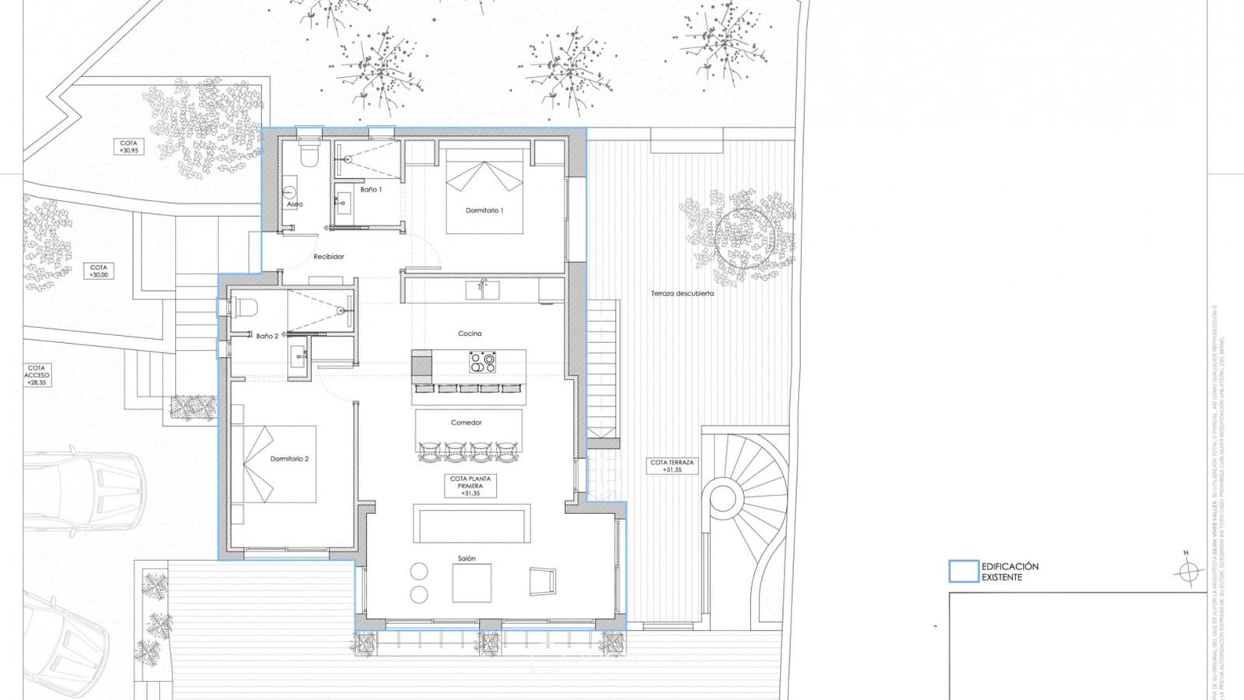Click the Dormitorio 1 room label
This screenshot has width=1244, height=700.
click(484, 211)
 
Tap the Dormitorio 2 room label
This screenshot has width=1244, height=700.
click(289, 459)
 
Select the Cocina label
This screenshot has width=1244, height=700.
click(470, 334)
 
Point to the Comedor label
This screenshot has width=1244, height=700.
click(466, 422)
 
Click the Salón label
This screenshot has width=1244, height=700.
click(466, 558)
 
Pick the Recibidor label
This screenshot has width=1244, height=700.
click(328, 257)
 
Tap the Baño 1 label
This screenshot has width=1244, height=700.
click(371, 189)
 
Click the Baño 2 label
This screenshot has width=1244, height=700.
click(267, 336)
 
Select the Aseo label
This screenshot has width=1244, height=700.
click(295, 204)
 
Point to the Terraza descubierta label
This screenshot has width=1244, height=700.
click(682, 293)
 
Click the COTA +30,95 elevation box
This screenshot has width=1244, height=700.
click(129, 146)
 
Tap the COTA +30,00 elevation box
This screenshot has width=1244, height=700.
click(99, 271)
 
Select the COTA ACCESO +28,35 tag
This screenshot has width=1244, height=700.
click(37, 375)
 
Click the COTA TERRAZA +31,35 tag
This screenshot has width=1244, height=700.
click(672, 466)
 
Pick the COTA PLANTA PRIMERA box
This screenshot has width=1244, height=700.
click(470, 486)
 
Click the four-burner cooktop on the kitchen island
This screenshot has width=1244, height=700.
click(482, 362)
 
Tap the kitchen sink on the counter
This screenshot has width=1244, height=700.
click(482, 290)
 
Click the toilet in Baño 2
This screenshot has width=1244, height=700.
click(243, 308)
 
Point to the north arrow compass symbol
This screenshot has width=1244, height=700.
click(1186, 572)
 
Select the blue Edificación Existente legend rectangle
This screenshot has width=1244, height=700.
click(963, 572)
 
